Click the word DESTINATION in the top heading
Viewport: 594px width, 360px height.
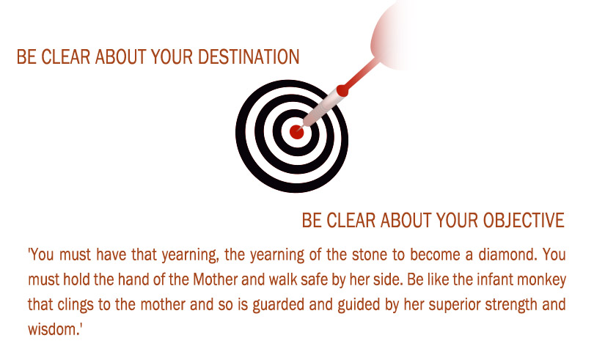[x=249, y=57]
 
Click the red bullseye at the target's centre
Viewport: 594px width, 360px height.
[x=296, y=132]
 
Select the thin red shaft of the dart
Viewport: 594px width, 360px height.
[x=362, y=75]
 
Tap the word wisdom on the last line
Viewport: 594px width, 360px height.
[x=53, y=329]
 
